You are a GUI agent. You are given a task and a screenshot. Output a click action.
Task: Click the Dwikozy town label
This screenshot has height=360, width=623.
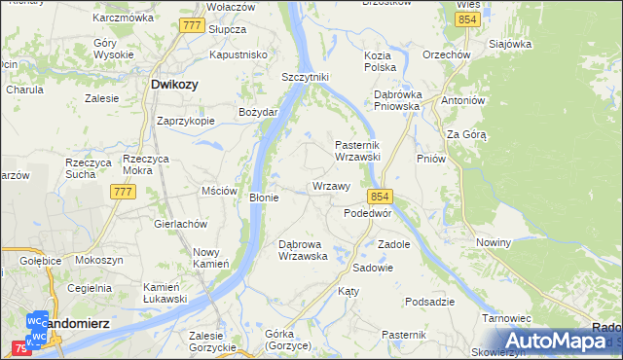click(x=175, y=85)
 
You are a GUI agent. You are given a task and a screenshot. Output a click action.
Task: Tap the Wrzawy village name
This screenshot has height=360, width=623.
click(x=331, y=186)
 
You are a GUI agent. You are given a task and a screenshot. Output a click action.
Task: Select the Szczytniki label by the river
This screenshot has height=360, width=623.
click(x=306, y=76)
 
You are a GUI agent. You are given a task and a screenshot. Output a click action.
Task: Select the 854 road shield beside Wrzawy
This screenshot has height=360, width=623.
click(x=380, y=195)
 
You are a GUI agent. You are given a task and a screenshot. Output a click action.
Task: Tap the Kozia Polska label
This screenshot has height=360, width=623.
click(x=380, y=61)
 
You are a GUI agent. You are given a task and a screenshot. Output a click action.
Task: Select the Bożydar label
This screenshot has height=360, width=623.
click(x=259, y=112)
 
